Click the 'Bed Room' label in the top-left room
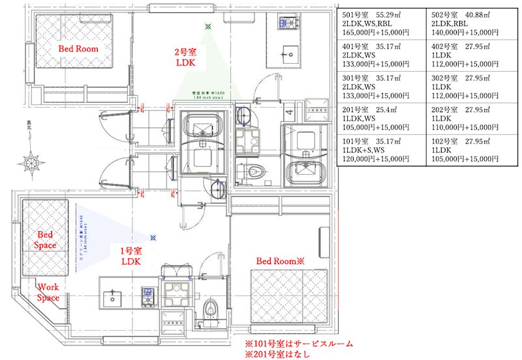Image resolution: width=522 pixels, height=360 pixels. pyautogui.click(x=78, y=49)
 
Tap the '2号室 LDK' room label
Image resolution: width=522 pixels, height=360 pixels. pyautogui.click(x=185, y=57)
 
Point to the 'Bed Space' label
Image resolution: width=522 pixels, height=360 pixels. pyautogui.click(x=44, y=239)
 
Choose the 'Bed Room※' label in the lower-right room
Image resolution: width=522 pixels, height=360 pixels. pyautogui.click(x=280, y=261)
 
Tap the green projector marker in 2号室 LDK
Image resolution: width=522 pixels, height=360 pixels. pyautogui.click(x=208, y=27)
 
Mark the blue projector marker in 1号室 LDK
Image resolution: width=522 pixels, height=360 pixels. pyautogui.click(x=153, y=238)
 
